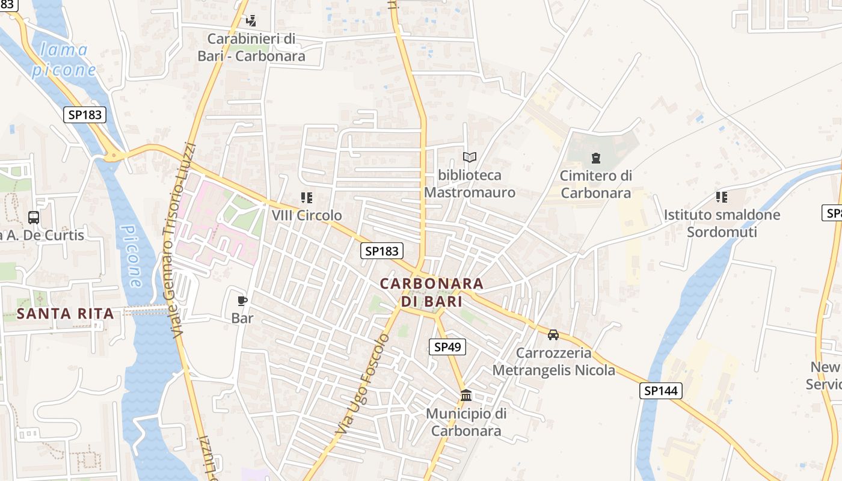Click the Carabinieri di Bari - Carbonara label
[251, 47]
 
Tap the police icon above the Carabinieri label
[251, 21]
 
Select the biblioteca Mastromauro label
[470, 184]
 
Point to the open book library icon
[470, 157]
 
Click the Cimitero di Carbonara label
[595, 184]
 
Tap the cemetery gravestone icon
[595, 158]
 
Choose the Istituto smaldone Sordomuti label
[722, 223]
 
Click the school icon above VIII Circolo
[307, 197]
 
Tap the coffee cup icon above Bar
[242, 301]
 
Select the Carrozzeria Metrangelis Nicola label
[554, 361]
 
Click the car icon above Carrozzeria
[553, 335]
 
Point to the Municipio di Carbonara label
[466, 422]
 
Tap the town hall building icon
[466, 395]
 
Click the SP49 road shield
[447, 346]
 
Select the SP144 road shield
[660, 391]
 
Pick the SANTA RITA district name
[65, 313]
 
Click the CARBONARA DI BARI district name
[431, 292]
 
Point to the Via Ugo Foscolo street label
[363, 385]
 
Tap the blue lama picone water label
[63, 60]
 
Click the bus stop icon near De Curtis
[34, 218]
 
